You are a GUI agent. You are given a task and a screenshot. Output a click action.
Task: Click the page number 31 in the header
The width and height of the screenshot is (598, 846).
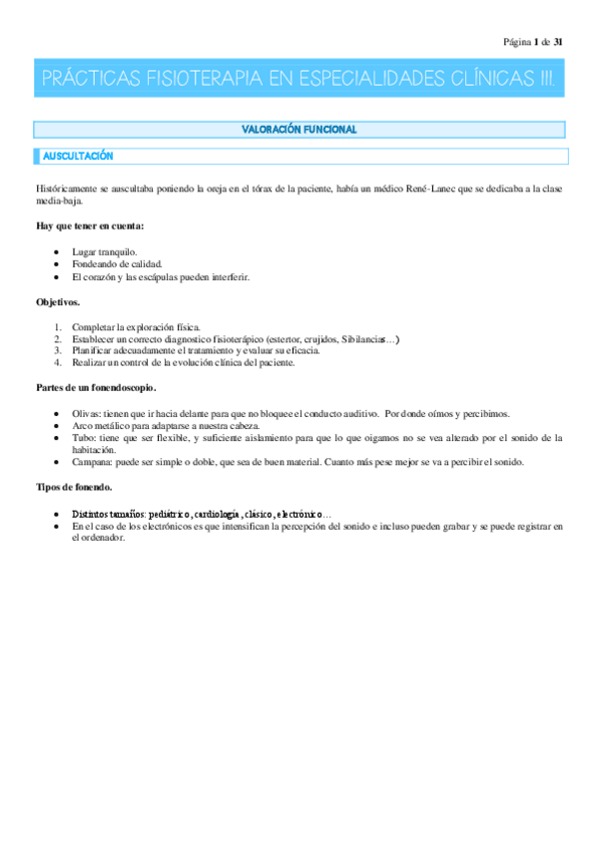558,42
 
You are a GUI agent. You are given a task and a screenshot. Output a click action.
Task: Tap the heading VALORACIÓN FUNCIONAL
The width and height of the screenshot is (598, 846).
299,130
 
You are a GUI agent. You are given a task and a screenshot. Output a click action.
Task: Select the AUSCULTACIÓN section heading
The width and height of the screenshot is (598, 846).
78,157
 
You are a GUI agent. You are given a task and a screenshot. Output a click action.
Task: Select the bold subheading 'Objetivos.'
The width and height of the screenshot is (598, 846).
59,301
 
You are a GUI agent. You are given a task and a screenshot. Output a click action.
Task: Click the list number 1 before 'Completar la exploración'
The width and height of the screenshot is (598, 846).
59,327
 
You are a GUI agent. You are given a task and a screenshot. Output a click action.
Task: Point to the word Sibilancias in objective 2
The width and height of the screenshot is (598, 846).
363,339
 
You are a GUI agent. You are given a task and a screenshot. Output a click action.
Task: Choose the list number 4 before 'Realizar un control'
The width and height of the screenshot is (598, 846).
59,363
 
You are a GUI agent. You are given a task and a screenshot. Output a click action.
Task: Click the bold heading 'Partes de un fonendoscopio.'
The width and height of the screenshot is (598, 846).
96,388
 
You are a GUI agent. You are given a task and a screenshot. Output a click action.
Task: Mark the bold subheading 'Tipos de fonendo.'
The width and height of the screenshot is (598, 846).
74,487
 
